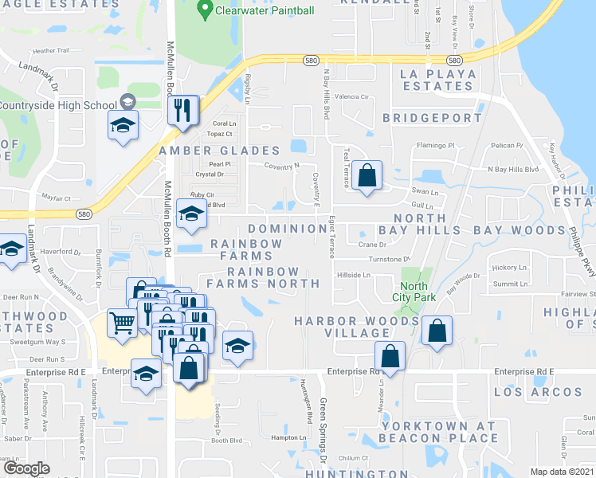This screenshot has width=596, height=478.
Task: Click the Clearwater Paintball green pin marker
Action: [x=205, y=12]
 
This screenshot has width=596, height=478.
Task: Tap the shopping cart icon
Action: [x=121, y=323]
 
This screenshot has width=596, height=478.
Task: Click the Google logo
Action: [x=26, y=468]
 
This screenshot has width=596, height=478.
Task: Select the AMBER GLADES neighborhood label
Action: [x=219, y=151]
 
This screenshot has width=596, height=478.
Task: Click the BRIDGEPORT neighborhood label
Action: [x=433, y=118]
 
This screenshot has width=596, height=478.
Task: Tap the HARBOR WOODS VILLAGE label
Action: [x=356, y=327]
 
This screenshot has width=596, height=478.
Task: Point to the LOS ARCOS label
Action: [x=538, y=392]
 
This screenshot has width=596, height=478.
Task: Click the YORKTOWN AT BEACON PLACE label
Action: [x=438, y=432]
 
